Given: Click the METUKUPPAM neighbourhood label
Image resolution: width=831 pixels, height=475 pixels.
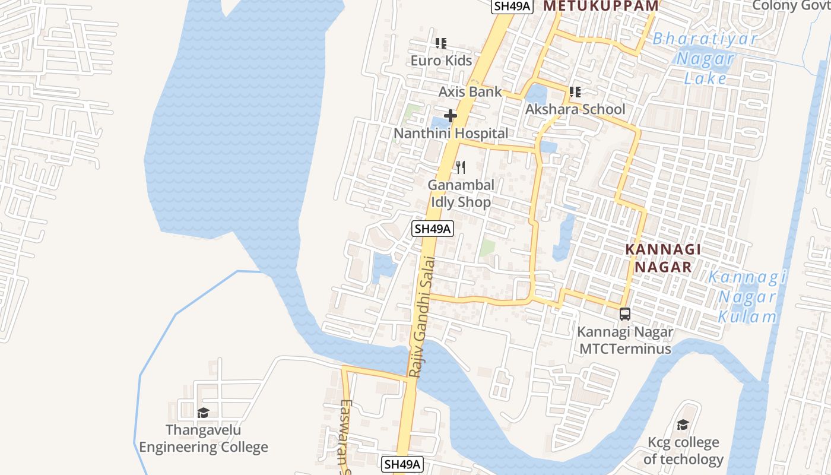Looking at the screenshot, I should tap(601, 6).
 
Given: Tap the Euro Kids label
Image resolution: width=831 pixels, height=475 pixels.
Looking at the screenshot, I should tap(441, 61).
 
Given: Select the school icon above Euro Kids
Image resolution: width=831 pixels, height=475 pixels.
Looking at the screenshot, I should tap(441, 43).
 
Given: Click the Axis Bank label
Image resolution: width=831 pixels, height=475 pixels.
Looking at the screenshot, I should tap(470, 92).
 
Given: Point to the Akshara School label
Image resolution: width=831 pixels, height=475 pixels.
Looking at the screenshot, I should tap(575, 109).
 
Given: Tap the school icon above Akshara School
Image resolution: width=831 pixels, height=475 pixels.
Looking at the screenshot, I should tap(575, 92).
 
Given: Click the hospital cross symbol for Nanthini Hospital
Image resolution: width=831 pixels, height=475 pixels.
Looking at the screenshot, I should tap(451, 116).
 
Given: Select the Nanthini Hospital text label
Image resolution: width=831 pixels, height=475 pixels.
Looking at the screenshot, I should tap(451, 134).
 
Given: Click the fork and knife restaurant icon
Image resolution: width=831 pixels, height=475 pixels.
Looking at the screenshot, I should tap(460, 168).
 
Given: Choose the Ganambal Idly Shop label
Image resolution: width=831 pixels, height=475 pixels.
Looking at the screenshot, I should tap(461, 194).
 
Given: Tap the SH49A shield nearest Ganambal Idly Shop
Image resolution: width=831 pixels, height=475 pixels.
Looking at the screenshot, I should tap(433, 229).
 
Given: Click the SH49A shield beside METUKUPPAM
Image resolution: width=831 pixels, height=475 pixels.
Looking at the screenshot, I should tap(512, 7).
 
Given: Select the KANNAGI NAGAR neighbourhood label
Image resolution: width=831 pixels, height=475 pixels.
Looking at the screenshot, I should tap(663, 258).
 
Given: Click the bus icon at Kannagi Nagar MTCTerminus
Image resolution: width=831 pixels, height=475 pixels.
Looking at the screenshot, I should tap(624, 314).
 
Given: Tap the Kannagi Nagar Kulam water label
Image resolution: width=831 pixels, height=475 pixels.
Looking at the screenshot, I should tap(747, 296).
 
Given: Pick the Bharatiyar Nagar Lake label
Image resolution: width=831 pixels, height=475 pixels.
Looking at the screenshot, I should tap(705, 59).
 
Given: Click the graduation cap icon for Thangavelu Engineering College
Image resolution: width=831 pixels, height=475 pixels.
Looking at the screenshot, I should tap(203, 413).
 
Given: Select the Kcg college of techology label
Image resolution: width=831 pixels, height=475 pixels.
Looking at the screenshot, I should tap(683, 451).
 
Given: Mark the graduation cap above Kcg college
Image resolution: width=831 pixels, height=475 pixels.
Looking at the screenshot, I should tap(683, 425).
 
